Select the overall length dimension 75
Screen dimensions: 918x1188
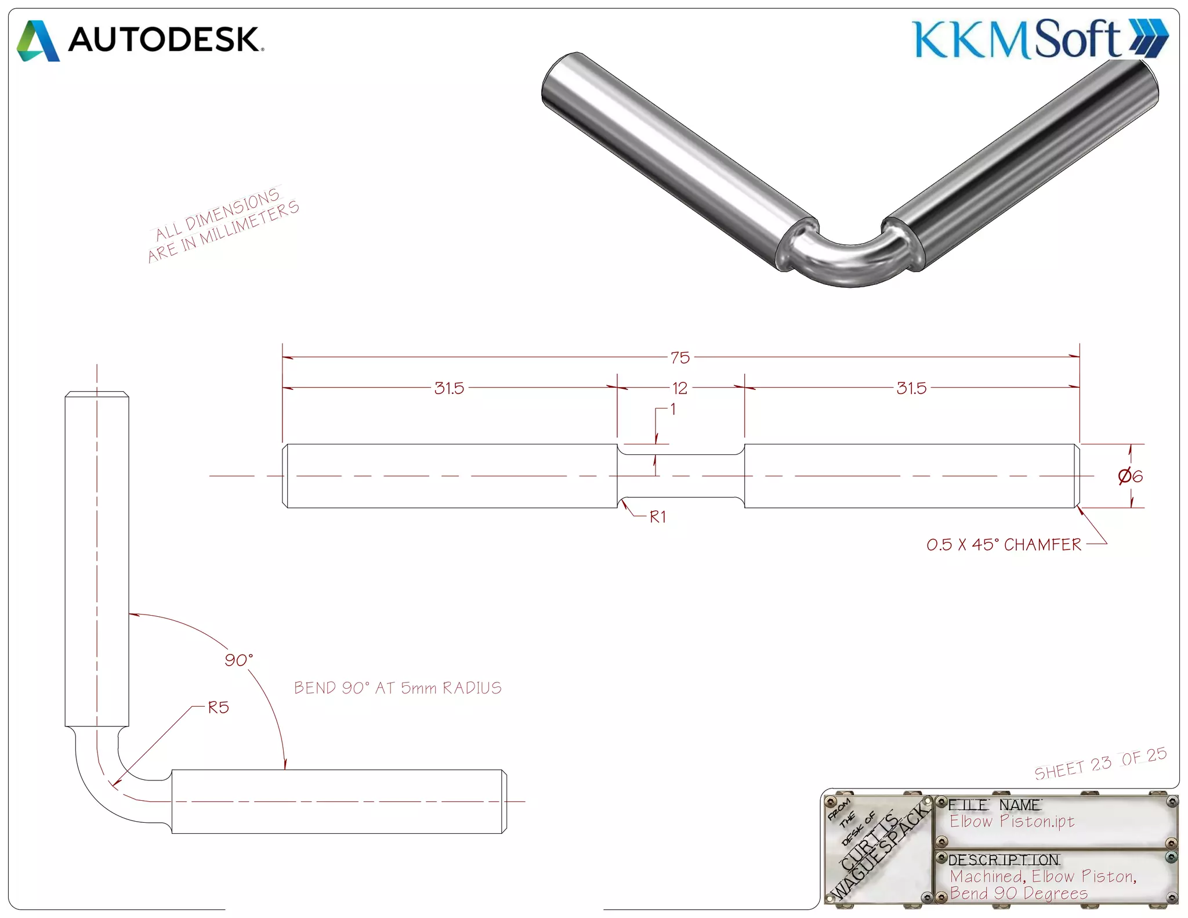pyautogui.click(x=680, y=357)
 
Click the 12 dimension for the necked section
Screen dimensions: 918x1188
pyautogui.click(x=680, y=388)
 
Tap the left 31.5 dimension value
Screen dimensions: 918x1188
pyautogui.click(x=449, y=388)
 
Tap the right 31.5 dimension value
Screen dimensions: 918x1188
pyautogui.click(x=911, y=388)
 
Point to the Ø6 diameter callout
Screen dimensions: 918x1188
pyautogui.click(x=1130, y=476)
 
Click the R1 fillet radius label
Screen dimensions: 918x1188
pyautogui.click(x=658, y=516)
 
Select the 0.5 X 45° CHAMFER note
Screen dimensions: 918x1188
pyautogui.click(x=1004, y=544)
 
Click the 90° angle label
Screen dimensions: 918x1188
pyautogui.click(x=238, y=660)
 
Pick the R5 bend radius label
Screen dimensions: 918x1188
pyautogui.click(x=219, y=707)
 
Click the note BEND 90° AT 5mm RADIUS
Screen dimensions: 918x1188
pyautogui.click(x=397, y=688)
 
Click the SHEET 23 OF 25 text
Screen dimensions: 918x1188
pyautogui.click(x=1100, y=764)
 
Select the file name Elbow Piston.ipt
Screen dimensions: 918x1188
pyautogui.click(x=1012, y=821)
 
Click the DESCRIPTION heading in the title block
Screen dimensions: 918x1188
pyautogui.click(x=1004, y=859)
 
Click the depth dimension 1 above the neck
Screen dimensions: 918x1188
pyautogui.click(x=673, y=409)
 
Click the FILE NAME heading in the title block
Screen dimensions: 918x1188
pyautogui.click(x=994, y=805)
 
